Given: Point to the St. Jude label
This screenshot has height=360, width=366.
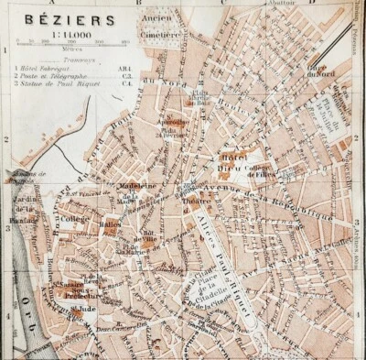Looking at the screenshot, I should pyautogui.click(x=83, y=309).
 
